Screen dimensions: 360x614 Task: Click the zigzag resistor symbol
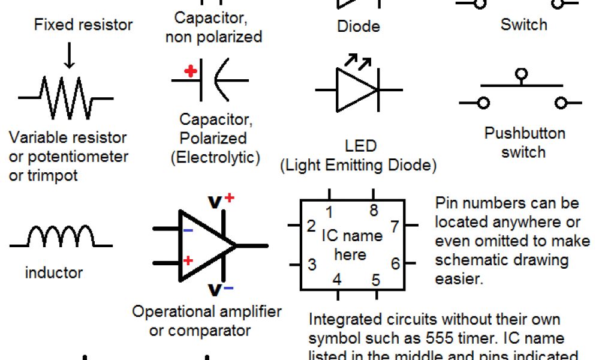click(x=65, y=97)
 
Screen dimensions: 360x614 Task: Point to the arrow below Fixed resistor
click(x=70, y=55)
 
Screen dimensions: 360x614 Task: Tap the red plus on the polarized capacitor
click(x=191, y=71)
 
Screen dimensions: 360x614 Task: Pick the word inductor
click(x=54, y=272)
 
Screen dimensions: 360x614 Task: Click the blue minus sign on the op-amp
click(x=188, y=230)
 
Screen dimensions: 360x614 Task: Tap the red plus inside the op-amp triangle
click(x=188, y=260)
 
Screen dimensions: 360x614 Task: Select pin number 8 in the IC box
click(x=374, y=211)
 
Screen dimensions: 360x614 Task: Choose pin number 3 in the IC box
click(x=312, y=264)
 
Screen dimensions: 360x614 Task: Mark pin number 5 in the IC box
click(x=375, y=280)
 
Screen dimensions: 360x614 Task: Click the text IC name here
click(x=351, y=244)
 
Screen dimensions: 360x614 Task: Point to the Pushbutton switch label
click(x=525, y=142)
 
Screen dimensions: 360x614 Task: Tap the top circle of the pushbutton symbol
click(x=521, y=75)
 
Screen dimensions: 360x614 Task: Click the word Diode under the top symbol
click(x=359, y=26)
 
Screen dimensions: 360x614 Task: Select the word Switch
click(x=524, y=25)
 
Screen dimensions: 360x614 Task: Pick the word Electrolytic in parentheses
click(x=215, y=157)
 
